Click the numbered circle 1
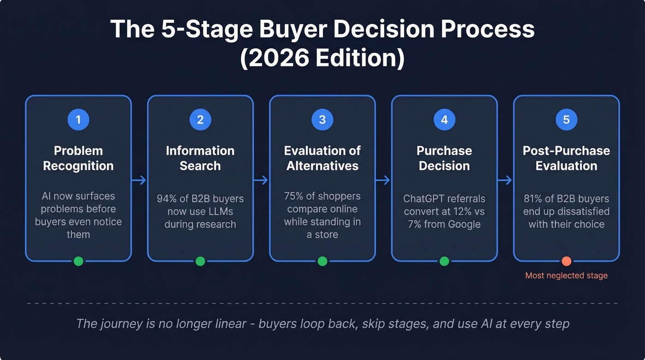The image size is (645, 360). [78, 120]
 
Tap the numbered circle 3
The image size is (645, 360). [322, 120]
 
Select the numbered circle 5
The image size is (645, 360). [566, 120]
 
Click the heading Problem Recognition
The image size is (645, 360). [78, 158]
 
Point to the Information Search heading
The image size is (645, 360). [200, 158]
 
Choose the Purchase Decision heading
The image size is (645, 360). [444, 158]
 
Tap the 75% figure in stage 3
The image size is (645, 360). [293, 196]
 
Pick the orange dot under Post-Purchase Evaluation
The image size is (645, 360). [566, 261]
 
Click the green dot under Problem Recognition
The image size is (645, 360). [78, 261]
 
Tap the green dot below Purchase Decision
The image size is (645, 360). [444, 261]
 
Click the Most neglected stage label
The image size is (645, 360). [566, 276]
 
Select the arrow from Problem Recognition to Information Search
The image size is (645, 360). [139, 180]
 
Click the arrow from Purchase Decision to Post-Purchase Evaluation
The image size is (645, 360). [505, 180]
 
